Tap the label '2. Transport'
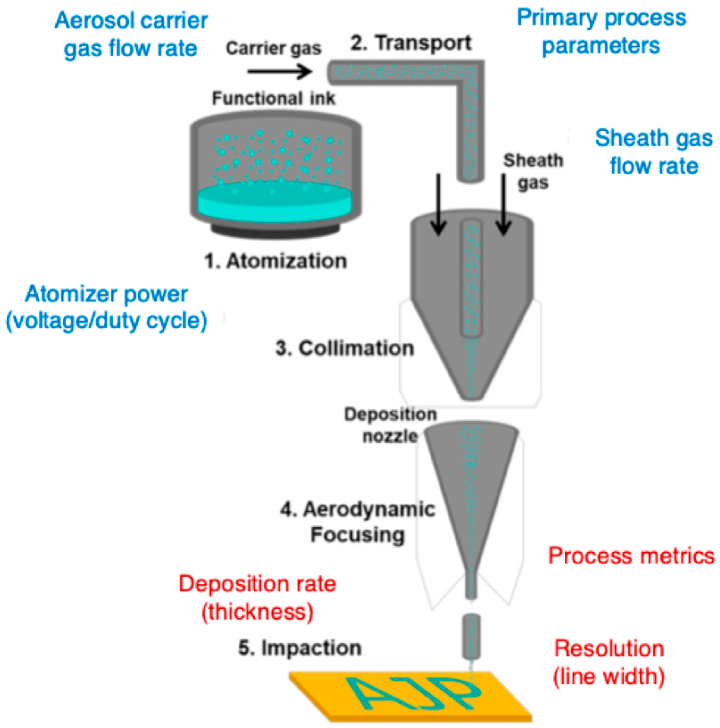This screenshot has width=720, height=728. point(410,43)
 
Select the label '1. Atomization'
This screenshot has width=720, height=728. point(275,261)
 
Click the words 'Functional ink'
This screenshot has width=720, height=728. point(273,98)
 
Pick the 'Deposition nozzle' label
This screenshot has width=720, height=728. point(390,425)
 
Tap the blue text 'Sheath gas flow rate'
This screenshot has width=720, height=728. point(654,152)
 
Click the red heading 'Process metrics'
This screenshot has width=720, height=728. point(631,556)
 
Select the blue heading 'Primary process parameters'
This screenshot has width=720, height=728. point(601,32)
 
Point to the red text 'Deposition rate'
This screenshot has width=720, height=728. point(257,584)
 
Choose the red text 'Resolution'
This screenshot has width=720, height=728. point(609,648)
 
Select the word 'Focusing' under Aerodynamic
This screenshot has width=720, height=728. point(357,534)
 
